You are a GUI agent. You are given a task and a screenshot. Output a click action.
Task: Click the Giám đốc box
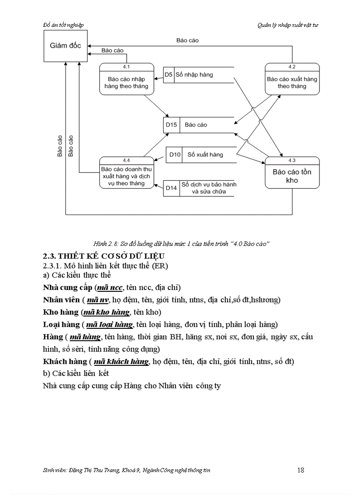(65, 45)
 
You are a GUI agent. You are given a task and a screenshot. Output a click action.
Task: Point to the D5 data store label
(169, 74)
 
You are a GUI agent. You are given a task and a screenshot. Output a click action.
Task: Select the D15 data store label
(171, 125)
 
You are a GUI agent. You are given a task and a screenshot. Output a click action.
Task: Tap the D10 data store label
(175, 154)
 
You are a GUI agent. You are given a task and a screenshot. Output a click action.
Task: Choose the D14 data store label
(171, 188)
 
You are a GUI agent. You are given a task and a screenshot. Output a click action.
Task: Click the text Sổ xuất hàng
(205, 154)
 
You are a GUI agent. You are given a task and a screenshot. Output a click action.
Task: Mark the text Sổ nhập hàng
(194, 74)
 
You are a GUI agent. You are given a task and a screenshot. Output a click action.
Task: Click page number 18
(300, 470)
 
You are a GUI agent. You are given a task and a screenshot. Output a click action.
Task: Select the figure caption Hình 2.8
(181, 244)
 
